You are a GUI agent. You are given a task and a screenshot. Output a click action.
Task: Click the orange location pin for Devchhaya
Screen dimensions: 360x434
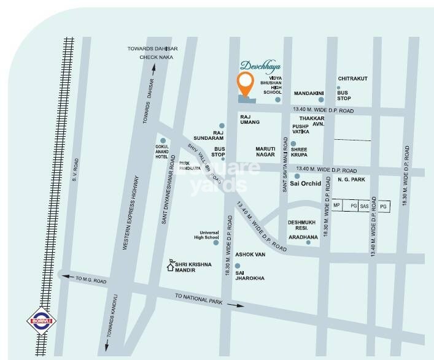tap(246, 82)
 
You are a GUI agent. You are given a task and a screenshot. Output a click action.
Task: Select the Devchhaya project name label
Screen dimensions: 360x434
tap(259, 66)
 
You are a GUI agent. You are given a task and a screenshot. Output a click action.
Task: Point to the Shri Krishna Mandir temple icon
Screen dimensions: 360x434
tap(174, 264)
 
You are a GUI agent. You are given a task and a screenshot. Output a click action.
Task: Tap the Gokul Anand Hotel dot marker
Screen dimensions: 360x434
tap(163, 140)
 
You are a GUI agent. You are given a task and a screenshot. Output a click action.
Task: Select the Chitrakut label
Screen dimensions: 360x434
tap(353, 79)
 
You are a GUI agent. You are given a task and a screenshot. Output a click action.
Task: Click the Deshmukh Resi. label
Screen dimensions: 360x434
tap(303, 226)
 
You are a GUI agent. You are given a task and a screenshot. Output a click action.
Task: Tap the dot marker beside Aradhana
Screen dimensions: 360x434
tap(308, 242)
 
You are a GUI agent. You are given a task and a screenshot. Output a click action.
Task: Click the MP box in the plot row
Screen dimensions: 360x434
tap(337, 207)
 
